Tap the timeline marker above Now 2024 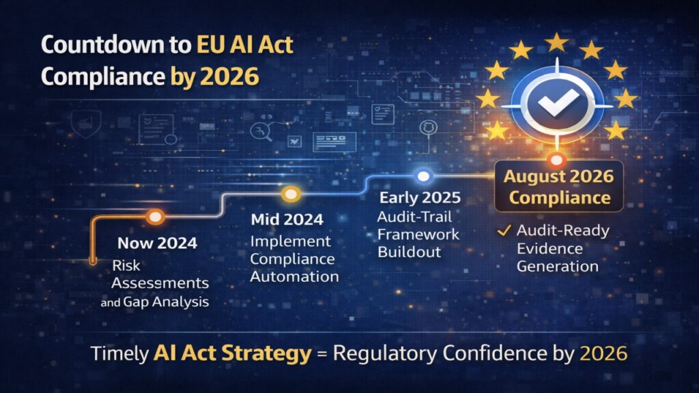coord(156,218)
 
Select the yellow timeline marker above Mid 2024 coord(291,194)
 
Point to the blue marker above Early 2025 coord(423,176)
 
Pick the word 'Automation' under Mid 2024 coord(294,276)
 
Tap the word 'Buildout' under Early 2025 coord(410,252)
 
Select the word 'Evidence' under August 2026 coord(549,248)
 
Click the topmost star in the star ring coord(556,43)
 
